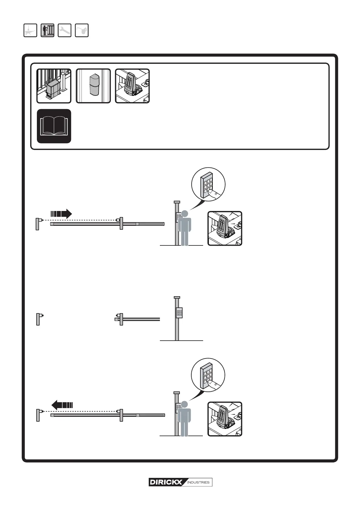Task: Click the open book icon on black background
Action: pos(54,126)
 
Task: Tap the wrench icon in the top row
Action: pos(64,30)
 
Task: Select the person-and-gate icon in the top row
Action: pos(47,30)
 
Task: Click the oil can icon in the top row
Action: pos(82,30)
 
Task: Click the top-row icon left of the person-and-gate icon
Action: pos(30,30)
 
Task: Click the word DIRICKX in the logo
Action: pos(166,482)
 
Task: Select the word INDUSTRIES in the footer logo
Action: pos(198,482)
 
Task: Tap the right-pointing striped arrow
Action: pos(61,214)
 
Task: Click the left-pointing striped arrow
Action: pos(62,404)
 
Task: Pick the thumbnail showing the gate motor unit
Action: pos(54,86)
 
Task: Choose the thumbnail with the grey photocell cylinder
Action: pos(93,86)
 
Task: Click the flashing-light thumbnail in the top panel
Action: pos(132,86)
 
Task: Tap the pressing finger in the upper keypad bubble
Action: pos(216,194)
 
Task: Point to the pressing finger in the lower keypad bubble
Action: pos(215,385)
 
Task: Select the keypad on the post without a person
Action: pos(179,313)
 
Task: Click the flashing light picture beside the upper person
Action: pos(225,229)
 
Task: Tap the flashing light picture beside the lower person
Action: pos(225,419)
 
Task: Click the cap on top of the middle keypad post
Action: pos(177,297)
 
